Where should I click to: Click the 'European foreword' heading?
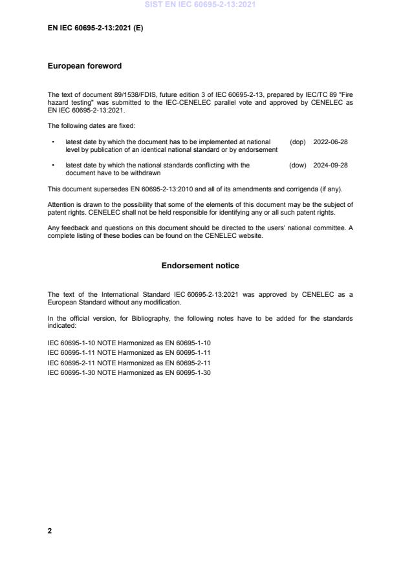[85, 66]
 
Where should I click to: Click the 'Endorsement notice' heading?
[200, 266]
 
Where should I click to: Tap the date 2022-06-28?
[331, 142]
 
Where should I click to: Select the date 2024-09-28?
[331, 166]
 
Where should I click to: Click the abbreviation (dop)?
[298, 142]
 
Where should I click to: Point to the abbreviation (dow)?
[298, 166]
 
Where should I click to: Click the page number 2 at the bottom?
[50, 531]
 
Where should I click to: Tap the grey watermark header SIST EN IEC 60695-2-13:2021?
[200, 5]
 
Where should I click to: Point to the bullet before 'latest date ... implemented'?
[52, 142]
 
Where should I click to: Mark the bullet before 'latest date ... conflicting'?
[52, 166]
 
